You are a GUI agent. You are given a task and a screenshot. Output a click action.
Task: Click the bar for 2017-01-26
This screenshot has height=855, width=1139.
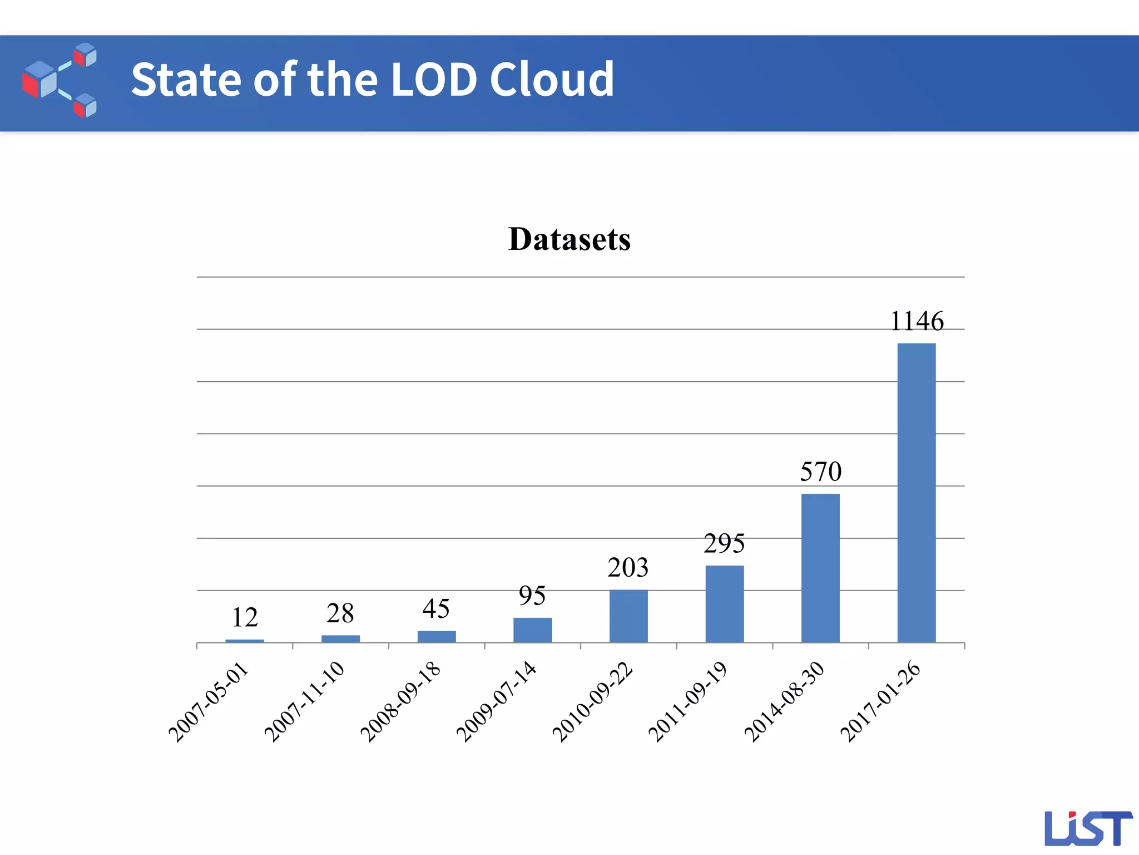[x=916, y=493]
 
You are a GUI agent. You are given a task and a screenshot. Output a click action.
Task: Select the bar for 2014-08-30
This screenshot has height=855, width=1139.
[x=820, y=568]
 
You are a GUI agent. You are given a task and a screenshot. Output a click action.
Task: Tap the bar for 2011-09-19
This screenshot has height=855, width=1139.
[x=724, y=604]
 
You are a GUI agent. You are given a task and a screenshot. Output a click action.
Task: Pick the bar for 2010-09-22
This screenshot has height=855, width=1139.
[x=628, y=616]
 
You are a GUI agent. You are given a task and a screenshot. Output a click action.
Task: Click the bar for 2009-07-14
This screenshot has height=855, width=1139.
[x=532, y=630]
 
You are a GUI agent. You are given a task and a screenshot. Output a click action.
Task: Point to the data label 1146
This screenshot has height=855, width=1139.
[x=917, y=321]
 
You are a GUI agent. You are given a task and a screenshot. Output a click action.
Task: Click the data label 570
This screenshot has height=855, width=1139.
[x=820, y=471]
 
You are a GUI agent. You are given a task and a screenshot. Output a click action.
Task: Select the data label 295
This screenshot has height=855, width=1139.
[x=724, y=543]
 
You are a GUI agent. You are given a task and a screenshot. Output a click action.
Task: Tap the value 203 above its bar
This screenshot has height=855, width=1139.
[x=628, y=568]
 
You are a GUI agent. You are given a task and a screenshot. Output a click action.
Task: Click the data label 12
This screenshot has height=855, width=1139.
[x=245, y=617]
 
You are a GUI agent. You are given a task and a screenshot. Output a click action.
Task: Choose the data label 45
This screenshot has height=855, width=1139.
[x=436, y=608]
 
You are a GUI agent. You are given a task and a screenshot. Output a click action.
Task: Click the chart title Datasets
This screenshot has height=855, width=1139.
[x=569, y=239]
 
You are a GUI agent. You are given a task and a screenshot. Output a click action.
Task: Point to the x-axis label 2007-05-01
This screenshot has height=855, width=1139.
[x=209, y=702]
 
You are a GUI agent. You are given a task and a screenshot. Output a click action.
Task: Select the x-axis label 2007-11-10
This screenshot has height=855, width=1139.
[x=305, y=702]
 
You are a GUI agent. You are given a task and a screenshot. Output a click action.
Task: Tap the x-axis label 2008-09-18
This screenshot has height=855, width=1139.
[x=400, y=702]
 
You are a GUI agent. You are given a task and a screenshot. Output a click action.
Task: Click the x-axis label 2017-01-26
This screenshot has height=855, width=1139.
[x=880, y=702]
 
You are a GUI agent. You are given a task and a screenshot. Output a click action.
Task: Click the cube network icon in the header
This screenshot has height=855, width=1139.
[x=60, y=80]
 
